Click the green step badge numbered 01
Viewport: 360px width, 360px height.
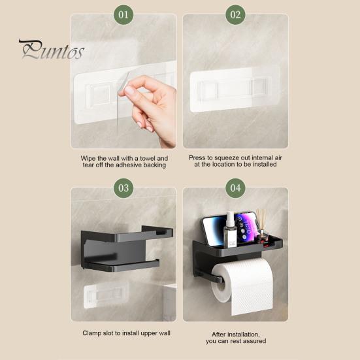[123, 14]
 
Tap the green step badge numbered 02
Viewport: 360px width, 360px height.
[235, 14]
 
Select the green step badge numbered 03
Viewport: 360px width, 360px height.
[123, 188]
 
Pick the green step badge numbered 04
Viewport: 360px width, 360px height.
[235, 188]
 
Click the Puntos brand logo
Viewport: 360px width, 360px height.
[51, 49]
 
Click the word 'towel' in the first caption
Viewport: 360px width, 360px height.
[142, 158]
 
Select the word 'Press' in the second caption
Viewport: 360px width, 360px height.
[198, 157]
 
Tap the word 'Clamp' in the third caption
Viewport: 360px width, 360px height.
[93, 333]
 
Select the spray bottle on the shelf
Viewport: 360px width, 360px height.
[230, 231]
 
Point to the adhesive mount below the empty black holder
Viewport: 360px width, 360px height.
[104, 295]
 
